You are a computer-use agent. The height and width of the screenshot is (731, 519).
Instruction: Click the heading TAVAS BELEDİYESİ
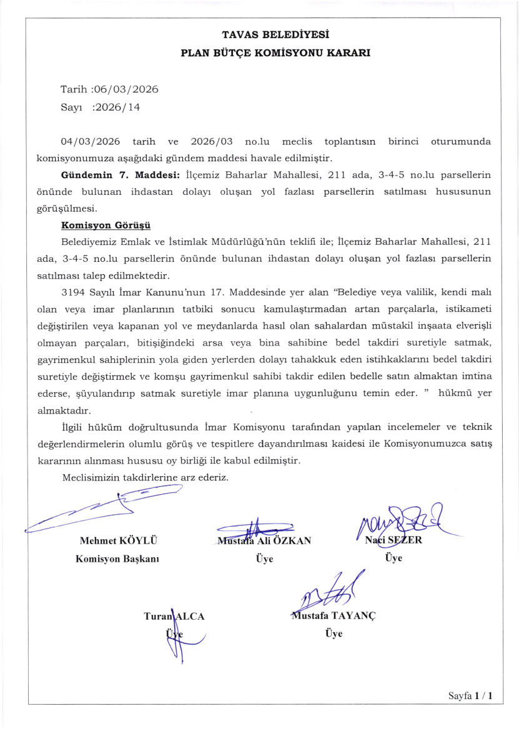pos(275,35)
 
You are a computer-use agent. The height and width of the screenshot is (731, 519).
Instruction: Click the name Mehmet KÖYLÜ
pos(118,541)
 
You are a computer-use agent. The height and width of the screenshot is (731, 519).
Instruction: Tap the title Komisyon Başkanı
pos(117,559)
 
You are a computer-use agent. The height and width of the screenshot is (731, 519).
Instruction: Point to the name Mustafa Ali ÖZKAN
pos(264,541)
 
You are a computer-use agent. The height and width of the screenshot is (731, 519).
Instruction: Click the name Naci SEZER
pos(393,540)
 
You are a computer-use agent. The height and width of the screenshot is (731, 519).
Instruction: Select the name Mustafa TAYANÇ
pos(332,615)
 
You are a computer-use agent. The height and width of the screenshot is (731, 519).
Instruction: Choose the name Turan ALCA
pos(174,616)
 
